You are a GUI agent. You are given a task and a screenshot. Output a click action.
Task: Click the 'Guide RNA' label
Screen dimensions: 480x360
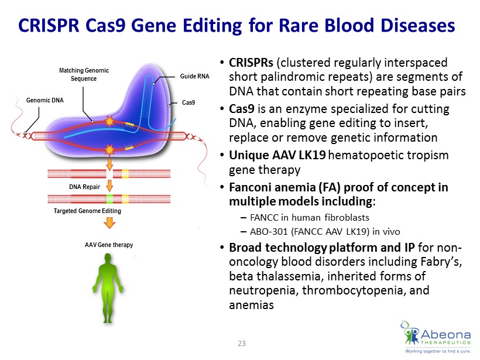click(x=195, y=76)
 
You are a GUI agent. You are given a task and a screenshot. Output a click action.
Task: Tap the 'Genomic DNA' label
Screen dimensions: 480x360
click(x=45, y=101)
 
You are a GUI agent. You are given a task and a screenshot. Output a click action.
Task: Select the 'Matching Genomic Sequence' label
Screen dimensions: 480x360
click(x=84, y=74)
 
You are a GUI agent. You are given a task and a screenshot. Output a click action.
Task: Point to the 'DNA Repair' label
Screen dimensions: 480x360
click(x=84, y=187)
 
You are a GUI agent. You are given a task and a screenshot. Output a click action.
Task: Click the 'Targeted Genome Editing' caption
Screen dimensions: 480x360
click(x=87, y=211)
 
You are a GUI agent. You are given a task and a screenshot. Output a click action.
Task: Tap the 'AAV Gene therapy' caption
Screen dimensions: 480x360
click(x=109, y=245)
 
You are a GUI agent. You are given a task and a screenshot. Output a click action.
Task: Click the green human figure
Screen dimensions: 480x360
click(x=108, y=288)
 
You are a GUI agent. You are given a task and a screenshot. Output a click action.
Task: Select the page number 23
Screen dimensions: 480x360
click(x=242, y=344)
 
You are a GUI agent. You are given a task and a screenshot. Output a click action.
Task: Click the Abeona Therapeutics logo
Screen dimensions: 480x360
click(x=436, y=337)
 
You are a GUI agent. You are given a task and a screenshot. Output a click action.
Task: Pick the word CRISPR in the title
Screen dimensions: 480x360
click(x=49, y=25)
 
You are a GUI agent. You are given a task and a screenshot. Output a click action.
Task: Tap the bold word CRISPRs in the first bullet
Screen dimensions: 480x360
click(x=251, y=63)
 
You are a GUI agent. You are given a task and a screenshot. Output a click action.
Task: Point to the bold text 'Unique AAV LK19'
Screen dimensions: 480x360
click(x=277, y=155)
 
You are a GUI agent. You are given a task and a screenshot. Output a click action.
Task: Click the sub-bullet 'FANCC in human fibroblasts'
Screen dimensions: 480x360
click(x=310, y=217)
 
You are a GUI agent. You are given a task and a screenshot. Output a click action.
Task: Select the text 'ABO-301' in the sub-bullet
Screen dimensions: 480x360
click(x=269, y=231)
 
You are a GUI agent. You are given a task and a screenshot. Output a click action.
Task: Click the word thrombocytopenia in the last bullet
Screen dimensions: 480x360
click(x=354, y=290)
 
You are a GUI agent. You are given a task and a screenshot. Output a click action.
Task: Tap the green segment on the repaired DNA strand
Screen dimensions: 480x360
click(x=109, y=199)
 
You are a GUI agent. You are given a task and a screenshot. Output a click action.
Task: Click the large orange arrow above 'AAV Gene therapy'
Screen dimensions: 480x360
click(x=109, y=223)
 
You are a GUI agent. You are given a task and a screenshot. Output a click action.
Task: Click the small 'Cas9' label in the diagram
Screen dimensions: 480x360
click(x=188, y=102)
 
